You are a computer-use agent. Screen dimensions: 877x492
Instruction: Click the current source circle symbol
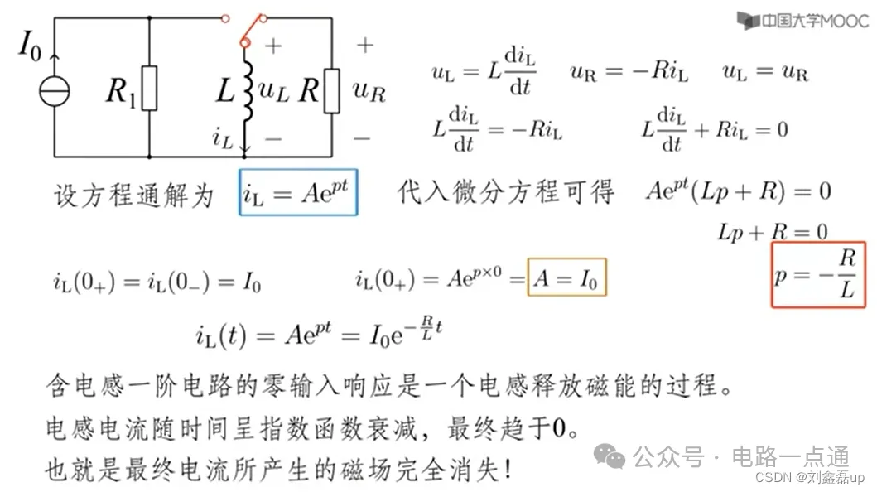[54, 90]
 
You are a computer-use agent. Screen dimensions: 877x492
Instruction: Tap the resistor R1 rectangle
[149, 90]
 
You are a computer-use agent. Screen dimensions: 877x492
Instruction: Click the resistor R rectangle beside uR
[332, 91]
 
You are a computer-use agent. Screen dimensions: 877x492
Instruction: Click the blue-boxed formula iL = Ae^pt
[298, 193]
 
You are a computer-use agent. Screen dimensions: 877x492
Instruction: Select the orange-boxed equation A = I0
[567, 278]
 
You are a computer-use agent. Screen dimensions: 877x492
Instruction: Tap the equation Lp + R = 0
[772, 232]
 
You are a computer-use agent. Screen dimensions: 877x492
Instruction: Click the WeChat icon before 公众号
[614, 455]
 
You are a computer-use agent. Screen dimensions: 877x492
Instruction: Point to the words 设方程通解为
[133, 195]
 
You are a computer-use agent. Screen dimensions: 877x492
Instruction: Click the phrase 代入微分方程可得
[506, 193]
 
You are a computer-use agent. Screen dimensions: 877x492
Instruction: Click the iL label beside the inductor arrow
[223, 139]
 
